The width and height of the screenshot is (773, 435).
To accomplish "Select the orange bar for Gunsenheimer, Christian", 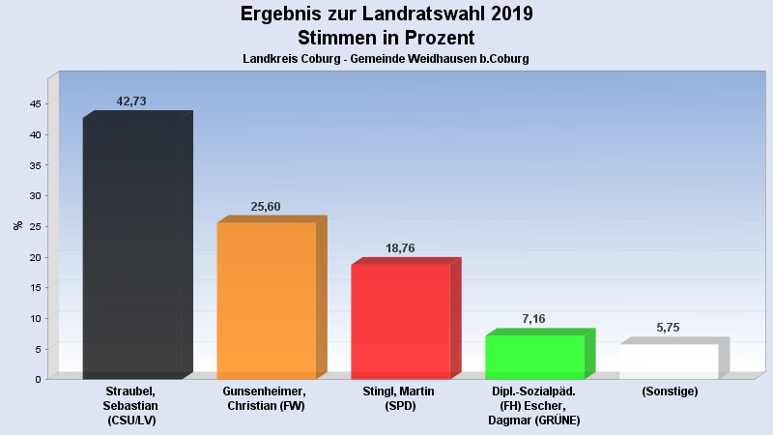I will tap(267, 301).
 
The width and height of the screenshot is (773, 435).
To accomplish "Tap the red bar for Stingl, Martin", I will tap(400, 321).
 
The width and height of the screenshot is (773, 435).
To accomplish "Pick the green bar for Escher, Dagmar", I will tap(534, 357).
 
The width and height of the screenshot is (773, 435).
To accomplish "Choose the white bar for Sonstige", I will tap(669, 361).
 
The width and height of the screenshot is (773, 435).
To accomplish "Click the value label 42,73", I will tap(131, 101).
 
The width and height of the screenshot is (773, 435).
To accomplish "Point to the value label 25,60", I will tap(266, 206).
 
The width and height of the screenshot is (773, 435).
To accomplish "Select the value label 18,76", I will tap(400, 248).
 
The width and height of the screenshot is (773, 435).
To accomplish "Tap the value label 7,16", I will tap(534, 319).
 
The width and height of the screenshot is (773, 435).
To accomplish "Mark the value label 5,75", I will tap(669, 328).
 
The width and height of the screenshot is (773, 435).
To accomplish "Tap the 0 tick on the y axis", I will tap(37, 379).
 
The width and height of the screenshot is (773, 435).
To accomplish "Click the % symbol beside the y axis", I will tap(17, 225).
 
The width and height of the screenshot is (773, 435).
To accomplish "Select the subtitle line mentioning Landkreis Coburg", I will tap(386, 59).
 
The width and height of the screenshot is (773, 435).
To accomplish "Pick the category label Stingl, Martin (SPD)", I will tap(400, 398).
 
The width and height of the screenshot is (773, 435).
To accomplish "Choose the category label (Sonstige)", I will tap(669, 391).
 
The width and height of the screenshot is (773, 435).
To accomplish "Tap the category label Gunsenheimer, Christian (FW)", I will tap(265, 398).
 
